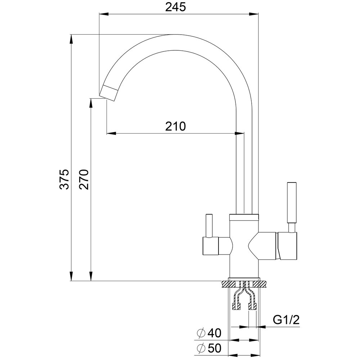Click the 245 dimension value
[x=175, y=7]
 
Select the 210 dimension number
[x=175, y=126]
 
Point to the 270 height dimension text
[x=84, y=179]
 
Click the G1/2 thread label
[x=286, y=320]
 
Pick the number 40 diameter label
[x=215, y=333]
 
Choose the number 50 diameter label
[x=215, y=348]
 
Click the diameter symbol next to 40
[x=201, y=333]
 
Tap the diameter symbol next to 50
[x=201, y=348]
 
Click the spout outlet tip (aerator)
[x=109, y=93]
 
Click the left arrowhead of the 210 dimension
[x=111, y=133]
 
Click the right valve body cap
[x=287, y=246]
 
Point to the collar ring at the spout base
[x=244, y=217]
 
